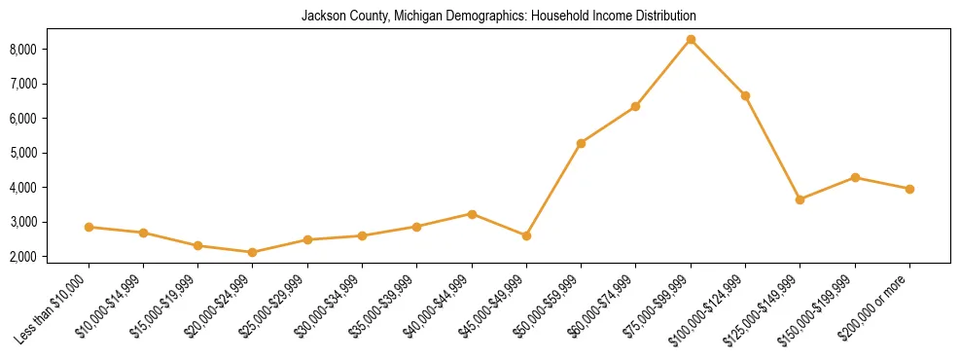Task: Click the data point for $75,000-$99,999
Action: coord(691,40)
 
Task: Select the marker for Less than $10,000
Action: coord(89,227)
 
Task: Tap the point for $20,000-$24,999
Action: coord(253,252)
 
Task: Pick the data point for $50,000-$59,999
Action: coord(581,143)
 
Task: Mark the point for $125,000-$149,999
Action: coord(800,199)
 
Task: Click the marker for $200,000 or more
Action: coord(909,189)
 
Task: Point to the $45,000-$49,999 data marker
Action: coord(526,235)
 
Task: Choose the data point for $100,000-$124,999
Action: coord(745,95)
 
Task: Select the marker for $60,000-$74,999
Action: coord(635,106)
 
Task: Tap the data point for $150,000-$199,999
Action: coord(855,177)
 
